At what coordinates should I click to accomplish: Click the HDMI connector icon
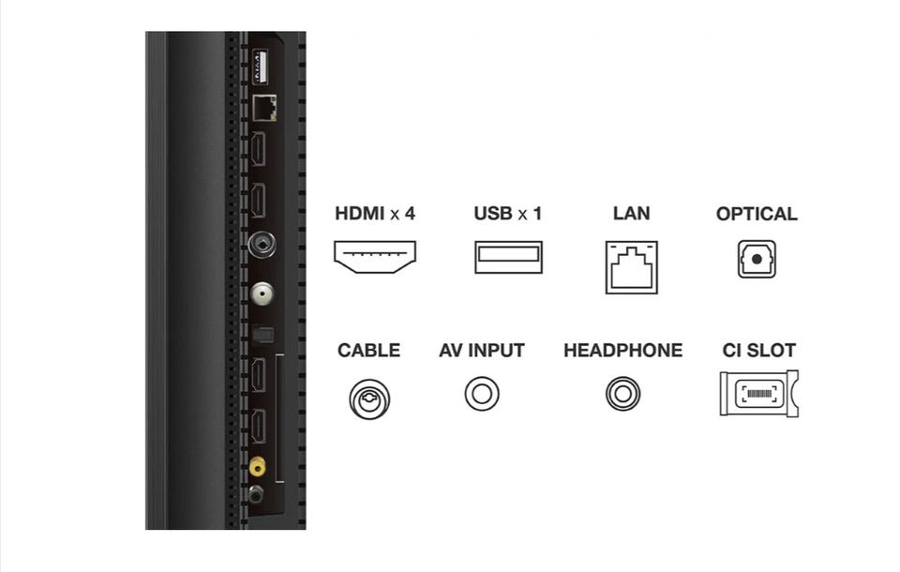(x=375, y=257)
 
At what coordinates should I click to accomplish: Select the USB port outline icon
(x=508, y=257)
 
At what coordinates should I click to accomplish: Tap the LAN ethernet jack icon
(x=631, y=267)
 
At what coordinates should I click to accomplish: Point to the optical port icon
(x=757, y=259)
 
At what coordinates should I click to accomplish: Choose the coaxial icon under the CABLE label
(x=369, y=399)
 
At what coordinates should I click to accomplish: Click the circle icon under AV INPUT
(x=482, y=394)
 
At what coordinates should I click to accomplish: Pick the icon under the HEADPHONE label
(x=622, y=394)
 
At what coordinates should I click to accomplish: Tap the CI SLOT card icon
(x=758, y=394)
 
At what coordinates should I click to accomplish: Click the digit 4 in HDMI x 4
(x=410, y=214)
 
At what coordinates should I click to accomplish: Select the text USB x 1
(x=507, y=214)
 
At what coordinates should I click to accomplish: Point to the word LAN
(x=631, y=214)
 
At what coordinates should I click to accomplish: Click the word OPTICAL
(x=757, y=214)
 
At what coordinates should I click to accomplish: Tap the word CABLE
(x=368, y=351)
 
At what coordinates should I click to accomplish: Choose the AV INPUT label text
(x=482, y=351)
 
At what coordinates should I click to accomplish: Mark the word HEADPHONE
(x=622, y=351)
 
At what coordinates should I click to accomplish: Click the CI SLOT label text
(x=758, y=351)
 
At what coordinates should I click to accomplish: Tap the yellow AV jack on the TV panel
(x=257, y=466)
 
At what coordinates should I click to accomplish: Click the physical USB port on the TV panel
(x=260, y=68)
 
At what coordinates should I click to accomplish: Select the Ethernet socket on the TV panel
(x=264, y=108)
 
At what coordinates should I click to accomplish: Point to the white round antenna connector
(x=262, y=294)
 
